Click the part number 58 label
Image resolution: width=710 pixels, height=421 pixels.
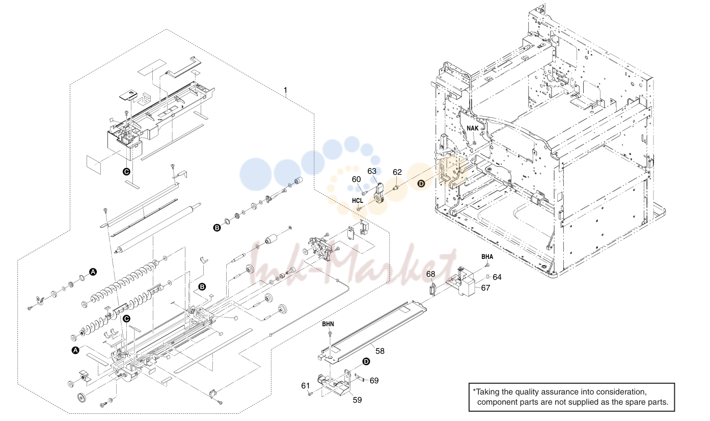click(x=380, y=351)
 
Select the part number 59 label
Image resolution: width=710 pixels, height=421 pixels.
click(x=357, y=400)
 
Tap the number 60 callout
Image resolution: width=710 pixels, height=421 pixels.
click(x=356, y=179)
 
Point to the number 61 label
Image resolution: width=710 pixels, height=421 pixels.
click(x=305, y=385)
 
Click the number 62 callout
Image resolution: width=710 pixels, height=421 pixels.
click(x=397, y=172)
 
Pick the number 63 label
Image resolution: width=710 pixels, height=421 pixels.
click(x=372, y=171)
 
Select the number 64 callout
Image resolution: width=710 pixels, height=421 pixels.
click(x=497, y=277)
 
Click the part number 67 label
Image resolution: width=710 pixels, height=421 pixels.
click(x=485, y=288)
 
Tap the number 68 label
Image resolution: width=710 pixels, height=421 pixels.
click(x=430, y=274)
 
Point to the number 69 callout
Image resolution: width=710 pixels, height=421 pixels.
click(x=374, y=380)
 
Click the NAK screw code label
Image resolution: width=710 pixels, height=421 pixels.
click(x=472, y=128)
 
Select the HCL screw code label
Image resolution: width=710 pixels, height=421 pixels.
click(x=358, y=200)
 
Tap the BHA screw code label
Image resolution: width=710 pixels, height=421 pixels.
click(x=487, y=257)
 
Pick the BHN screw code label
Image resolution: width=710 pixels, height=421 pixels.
click(x=328, y=324)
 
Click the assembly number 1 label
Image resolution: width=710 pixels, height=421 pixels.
click(x=285, y=90)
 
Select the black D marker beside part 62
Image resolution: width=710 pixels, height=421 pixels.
click(x=421, y=183)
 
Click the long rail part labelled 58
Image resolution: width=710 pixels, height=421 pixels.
click(x=372, y=332)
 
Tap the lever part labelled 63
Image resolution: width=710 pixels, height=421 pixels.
click(x=379, y=194)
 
